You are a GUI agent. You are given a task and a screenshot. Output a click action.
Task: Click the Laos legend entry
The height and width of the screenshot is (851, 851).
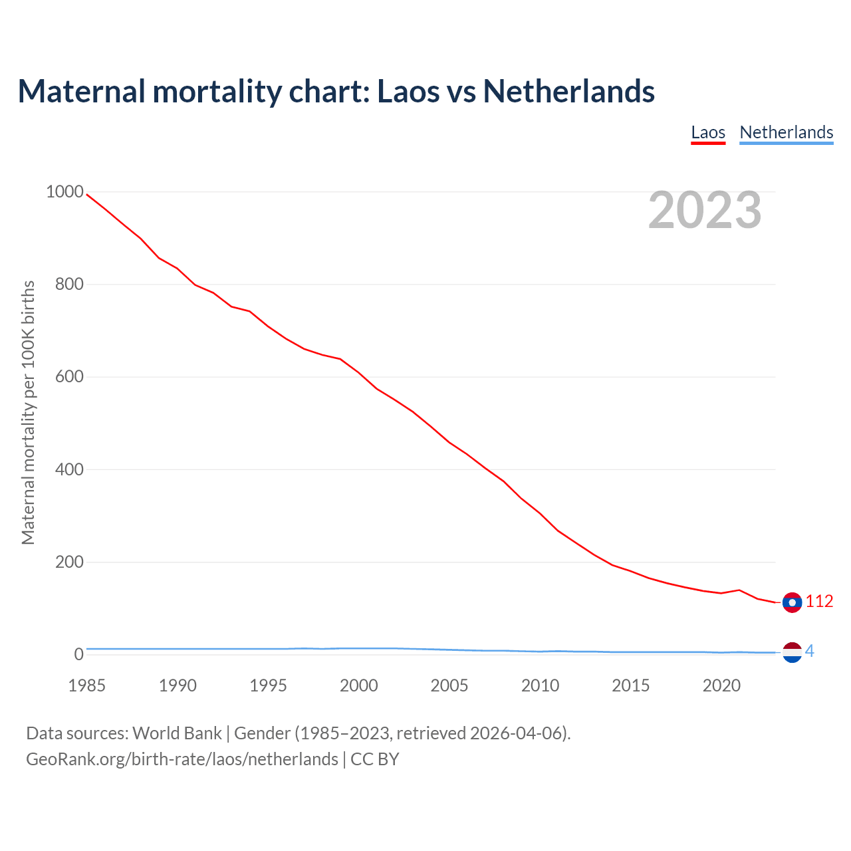coord(708,132)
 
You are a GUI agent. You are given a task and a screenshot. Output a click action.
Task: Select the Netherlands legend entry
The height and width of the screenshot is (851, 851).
coord(786,132)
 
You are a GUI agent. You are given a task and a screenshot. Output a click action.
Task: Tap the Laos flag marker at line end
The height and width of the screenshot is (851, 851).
coord(792,602)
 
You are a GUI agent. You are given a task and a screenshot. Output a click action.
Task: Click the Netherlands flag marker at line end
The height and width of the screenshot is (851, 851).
coord(792,652)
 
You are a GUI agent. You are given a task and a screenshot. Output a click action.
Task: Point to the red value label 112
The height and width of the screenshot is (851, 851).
coord(819,602)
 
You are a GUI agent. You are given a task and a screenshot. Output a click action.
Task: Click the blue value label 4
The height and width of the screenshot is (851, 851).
coord(809,652)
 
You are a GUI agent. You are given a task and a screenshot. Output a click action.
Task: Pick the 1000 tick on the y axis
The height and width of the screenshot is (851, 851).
coord(64,192)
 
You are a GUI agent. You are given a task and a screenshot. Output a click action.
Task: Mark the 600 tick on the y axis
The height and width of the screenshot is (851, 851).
coord(69,377)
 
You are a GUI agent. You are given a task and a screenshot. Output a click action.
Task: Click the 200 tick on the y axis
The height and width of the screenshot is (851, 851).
coord(69,562)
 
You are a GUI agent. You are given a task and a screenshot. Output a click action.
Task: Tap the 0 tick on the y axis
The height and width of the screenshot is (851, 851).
coord(79,655)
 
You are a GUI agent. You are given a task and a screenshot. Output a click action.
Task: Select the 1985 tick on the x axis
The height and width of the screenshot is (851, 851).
coord(86,685)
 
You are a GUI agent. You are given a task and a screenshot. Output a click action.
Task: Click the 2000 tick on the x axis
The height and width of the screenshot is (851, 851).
coord(359,685)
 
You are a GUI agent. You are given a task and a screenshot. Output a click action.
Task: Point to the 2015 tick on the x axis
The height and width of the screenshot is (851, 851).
coord(631,685)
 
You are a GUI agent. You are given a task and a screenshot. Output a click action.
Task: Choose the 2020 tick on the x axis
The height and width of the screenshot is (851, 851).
coord(721,685)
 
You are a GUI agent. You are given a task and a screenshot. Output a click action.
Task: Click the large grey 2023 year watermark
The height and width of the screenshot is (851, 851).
coord(705,210)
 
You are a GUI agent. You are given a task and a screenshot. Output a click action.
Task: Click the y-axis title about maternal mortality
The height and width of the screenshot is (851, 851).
coord(28,412)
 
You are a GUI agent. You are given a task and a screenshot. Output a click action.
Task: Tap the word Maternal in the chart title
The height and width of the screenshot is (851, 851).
coord(81,91)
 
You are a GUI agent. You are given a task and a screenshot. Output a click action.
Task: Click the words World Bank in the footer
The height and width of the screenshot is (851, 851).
coord(177,733)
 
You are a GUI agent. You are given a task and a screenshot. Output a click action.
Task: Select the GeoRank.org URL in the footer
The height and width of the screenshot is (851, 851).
coord(182,759)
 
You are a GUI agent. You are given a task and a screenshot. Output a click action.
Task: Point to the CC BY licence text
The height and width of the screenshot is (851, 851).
coord(375,759)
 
